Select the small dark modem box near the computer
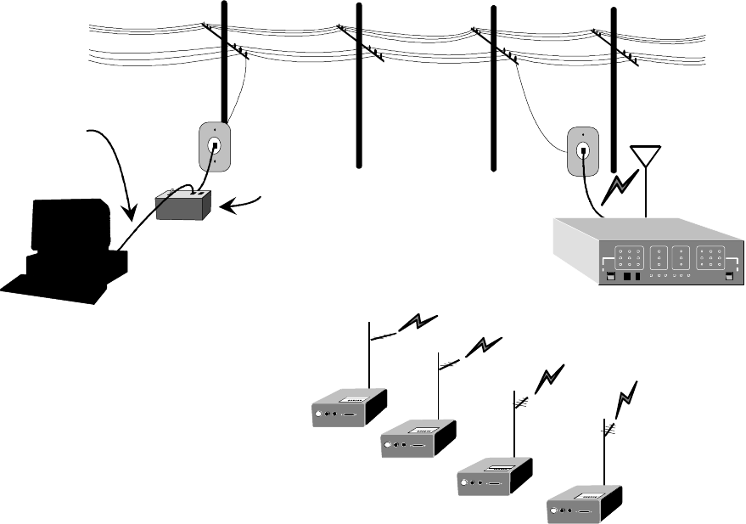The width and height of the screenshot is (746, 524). (183, 205)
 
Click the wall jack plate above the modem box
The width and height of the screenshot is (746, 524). (214, 146)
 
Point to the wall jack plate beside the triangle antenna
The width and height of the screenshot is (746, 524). (583, 151)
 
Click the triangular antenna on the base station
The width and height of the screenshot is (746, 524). (647, 159)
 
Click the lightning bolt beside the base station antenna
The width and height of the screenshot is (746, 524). (618, 189)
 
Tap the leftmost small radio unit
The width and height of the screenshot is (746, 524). (348, 407)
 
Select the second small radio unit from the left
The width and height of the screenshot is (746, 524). (418, 438)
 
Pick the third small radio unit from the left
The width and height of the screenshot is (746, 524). (495, 474)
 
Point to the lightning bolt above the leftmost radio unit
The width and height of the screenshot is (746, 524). (418, 323)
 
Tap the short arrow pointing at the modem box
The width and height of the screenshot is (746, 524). (242, 202)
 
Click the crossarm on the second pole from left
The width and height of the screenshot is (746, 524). (360, 42)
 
